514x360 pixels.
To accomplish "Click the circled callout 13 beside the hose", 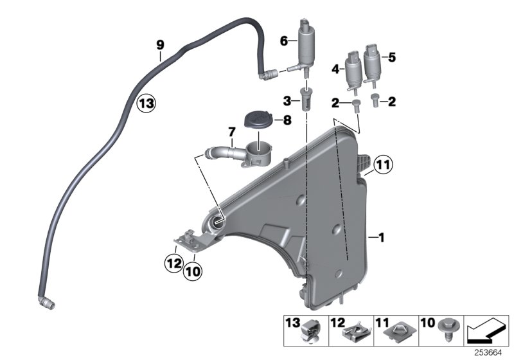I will tap(146, 103).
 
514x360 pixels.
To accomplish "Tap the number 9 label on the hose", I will tap(160, 44).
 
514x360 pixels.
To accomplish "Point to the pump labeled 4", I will tap(353, 70).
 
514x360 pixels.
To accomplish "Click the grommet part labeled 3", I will tap(306, 101).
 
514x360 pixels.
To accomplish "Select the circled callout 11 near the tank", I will tap(384, 166).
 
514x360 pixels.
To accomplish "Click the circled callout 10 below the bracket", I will tap(193, 271).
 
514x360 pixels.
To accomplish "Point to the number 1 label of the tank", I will tap(381, 238).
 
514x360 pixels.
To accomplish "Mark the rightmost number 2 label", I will tap(393, 101).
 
